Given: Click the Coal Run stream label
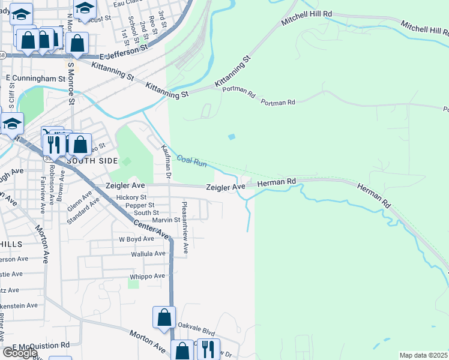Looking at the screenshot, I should click(x=191, y=161).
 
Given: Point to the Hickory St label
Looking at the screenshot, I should click(x=131, y=197).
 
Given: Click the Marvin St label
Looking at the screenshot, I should click(x=166, y=220).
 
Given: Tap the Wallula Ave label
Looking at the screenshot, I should click(x=148, y=254).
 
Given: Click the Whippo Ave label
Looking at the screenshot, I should click(x=147, y=276).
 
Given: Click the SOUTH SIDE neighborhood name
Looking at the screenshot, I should click(x=89, y=161).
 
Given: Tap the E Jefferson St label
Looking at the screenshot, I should click(x=124, y=55).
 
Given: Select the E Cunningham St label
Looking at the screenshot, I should click(x=35, y=79).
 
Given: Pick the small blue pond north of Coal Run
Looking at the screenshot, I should click(x=232, y=137).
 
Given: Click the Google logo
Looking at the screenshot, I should click(x=19, y=353).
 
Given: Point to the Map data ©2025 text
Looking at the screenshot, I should click(x=423, y=355).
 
